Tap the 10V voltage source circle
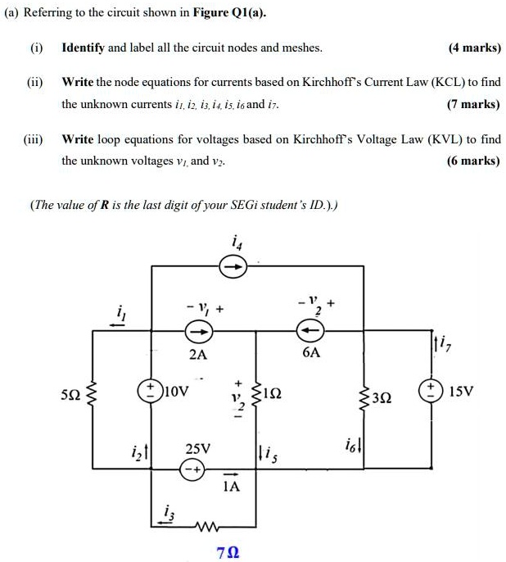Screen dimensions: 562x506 tap(153, 388)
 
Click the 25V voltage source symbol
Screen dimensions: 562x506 tap(193, 472)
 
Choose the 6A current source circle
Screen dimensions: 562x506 tap(309, 331)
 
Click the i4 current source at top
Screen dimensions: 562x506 tap(233, 265)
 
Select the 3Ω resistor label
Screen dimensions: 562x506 tap(381, 398)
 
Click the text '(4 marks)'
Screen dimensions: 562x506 tap(474, 48)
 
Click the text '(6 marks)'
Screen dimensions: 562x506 tap(473, 161)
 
